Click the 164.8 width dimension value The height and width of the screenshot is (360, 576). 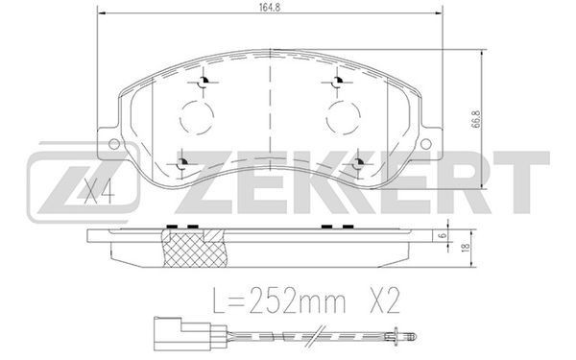tap(270, 8)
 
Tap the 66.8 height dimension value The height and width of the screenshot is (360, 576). tap(476, 118)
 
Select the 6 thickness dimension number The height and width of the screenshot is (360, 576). tap(443, 235)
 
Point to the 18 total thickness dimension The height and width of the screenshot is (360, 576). tap(466, 248)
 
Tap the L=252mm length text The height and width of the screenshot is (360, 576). tap(278, 300)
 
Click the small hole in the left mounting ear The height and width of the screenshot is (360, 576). tap(114, 144)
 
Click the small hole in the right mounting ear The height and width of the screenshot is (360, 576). tap(425, 144)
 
